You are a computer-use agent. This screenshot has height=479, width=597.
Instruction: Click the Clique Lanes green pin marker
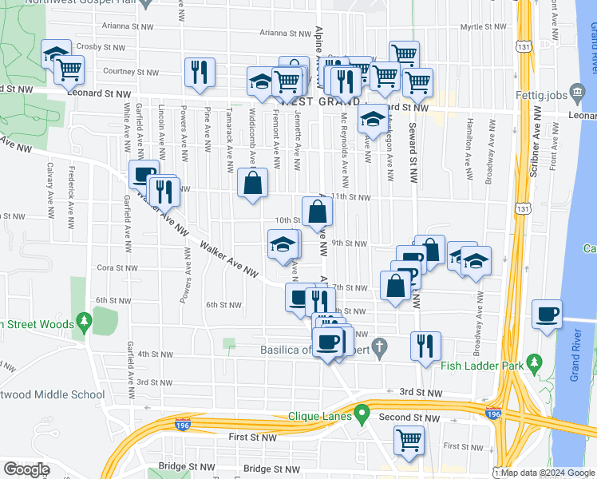point(362,415)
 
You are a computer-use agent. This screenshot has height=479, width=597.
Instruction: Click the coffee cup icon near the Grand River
point(547,314)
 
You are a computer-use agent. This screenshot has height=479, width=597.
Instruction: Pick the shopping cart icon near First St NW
point(409,441)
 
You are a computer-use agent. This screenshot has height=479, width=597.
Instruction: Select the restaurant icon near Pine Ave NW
point(199,72)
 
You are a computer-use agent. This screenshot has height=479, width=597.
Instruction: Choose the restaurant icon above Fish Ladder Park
point(425,345)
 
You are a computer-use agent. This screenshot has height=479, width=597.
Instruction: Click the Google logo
point(26,469)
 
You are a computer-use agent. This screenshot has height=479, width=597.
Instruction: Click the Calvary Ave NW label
point(49,182)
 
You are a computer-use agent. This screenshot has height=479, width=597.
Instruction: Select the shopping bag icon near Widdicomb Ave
point(252,183)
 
